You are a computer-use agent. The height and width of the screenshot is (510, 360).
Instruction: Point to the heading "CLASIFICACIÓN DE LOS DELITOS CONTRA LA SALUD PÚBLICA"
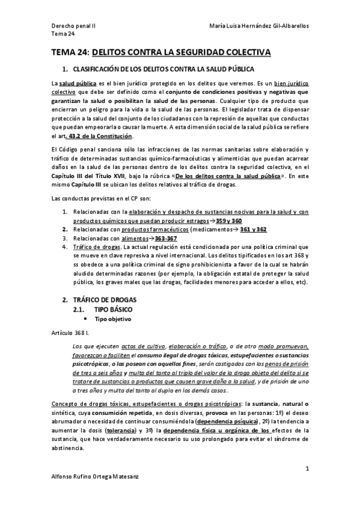(x=162, y=70)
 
